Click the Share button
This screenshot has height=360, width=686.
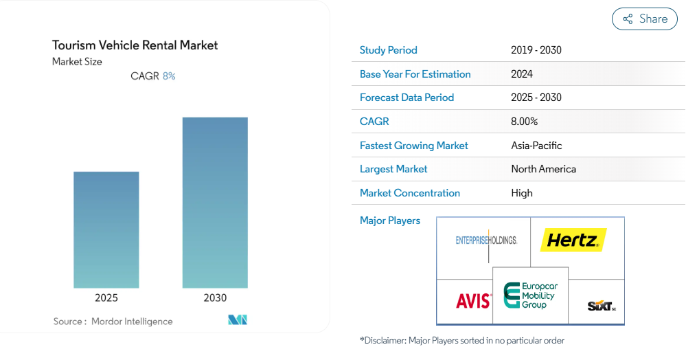(644, 19)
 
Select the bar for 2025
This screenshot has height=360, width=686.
(106, 229)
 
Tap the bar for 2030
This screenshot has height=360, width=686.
(215, 202)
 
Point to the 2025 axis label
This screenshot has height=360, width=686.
(106, 297)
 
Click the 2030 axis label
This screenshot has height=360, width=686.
(215, 297)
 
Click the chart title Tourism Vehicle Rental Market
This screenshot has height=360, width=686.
(135, 45)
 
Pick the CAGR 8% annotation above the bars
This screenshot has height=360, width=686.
(152, 76)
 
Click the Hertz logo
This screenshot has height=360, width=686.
(573, 240)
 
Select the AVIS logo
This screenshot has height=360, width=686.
(474, 300)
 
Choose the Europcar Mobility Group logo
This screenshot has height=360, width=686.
(529, 295)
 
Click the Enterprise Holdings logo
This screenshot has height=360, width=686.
(486, 240)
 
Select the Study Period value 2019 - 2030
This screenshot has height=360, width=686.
(536, 50)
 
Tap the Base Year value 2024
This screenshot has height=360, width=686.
(522, 74)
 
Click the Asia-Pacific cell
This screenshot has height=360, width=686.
(536, 146)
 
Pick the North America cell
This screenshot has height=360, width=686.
(543, 169)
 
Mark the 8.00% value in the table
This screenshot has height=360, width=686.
(525, 122)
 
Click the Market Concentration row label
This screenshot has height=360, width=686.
(410, 193)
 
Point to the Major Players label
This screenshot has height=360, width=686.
(390, 221)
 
